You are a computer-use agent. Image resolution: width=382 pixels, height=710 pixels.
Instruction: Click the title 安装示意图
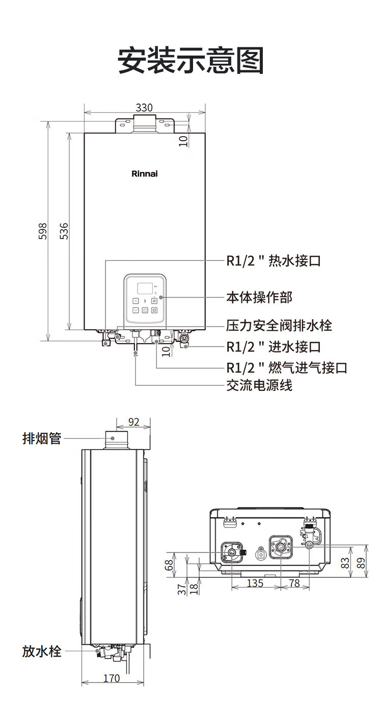(x=191, y=61)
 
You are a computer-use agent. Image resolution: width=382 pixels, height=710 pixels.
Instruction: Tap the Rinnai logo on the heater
(x=145, y=174)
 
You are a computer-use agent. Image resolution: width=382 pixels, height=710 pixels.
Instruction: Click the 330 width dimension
(x=144, y=108)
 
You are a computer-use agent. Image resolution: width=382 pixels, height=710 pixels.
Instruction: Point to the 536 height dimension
(x=64, y=231)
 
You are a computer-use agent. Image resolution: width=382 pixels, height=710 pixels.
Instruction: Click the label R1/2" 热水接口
(x=274, y=261)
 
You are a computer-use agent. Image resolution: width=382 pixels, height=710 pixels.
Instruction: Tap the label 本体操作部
(x=259, y=297)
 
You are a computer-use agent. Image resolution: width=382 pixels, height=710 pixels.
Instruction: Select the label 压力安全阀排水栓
(x=279, y=325)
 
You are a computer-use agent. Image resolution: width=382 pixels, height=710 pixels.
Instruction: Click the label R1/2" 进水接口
(x=274, y=347)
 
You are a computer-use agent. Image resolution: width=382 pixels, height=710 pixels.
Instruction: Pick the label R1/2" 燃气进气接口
(x=287, y=367)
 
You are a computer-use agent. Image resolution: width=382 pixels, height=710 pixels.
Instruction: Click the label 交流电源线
(x=259, y=385)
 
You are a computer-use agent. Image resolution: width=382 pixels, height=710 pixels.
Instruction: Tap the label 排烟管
(x=42, y=438)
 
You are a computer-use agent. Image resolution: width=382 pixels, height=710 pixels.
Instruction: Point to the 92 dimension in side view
(x=133, y=422)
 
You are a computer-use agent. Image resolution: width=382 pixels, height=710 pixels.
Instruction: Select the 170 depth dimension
(x=112, y=678)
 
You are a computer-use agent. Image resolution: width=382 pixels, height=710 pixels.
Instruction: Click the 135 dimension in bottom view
(x=255, y=583)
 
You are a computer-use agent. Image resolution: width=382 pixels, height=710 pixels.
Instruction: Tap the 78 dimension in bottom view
(x=294, y=583)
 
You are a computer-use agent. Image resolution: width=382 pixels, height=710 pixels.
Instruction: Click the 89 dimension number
(x=362, y=563)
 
